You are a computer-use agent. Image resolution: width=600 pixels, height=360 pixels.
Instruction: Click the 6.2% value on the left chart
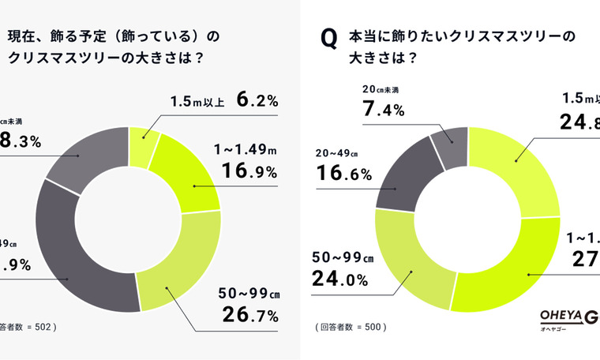[x=257, y=101]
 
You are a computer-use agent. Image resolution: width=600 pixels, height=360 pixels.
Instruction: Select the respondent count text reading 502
[x=32, y=325]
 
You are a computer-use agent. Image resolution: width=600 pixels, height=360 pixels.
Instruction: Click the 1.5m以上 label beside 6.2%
[x=197, y=101]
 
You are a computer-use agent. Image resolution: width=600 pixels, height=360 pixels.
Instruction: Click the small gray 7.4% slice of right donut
[x=451, y=144]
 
